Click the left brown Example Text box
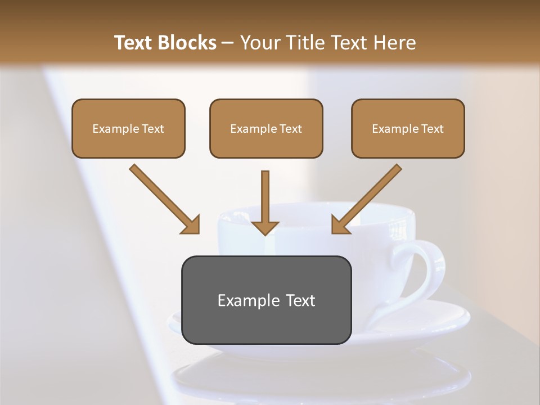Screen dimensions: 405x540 coord(128,128)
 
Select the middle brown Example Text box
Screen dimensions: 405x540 coord(266,128)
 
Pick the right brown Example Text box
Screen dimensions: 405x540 coord(408,128)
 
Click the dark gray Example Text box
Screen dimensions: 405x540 coord(266,300)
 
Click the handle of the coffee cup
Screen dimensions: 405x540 coord(427,270)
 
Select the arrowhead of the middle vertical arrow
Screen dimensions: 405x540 coord(265,227)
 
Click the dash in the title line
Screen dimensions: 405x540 coord(228,43)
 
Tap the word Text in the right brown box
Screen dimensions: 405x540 coord(432,129)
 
